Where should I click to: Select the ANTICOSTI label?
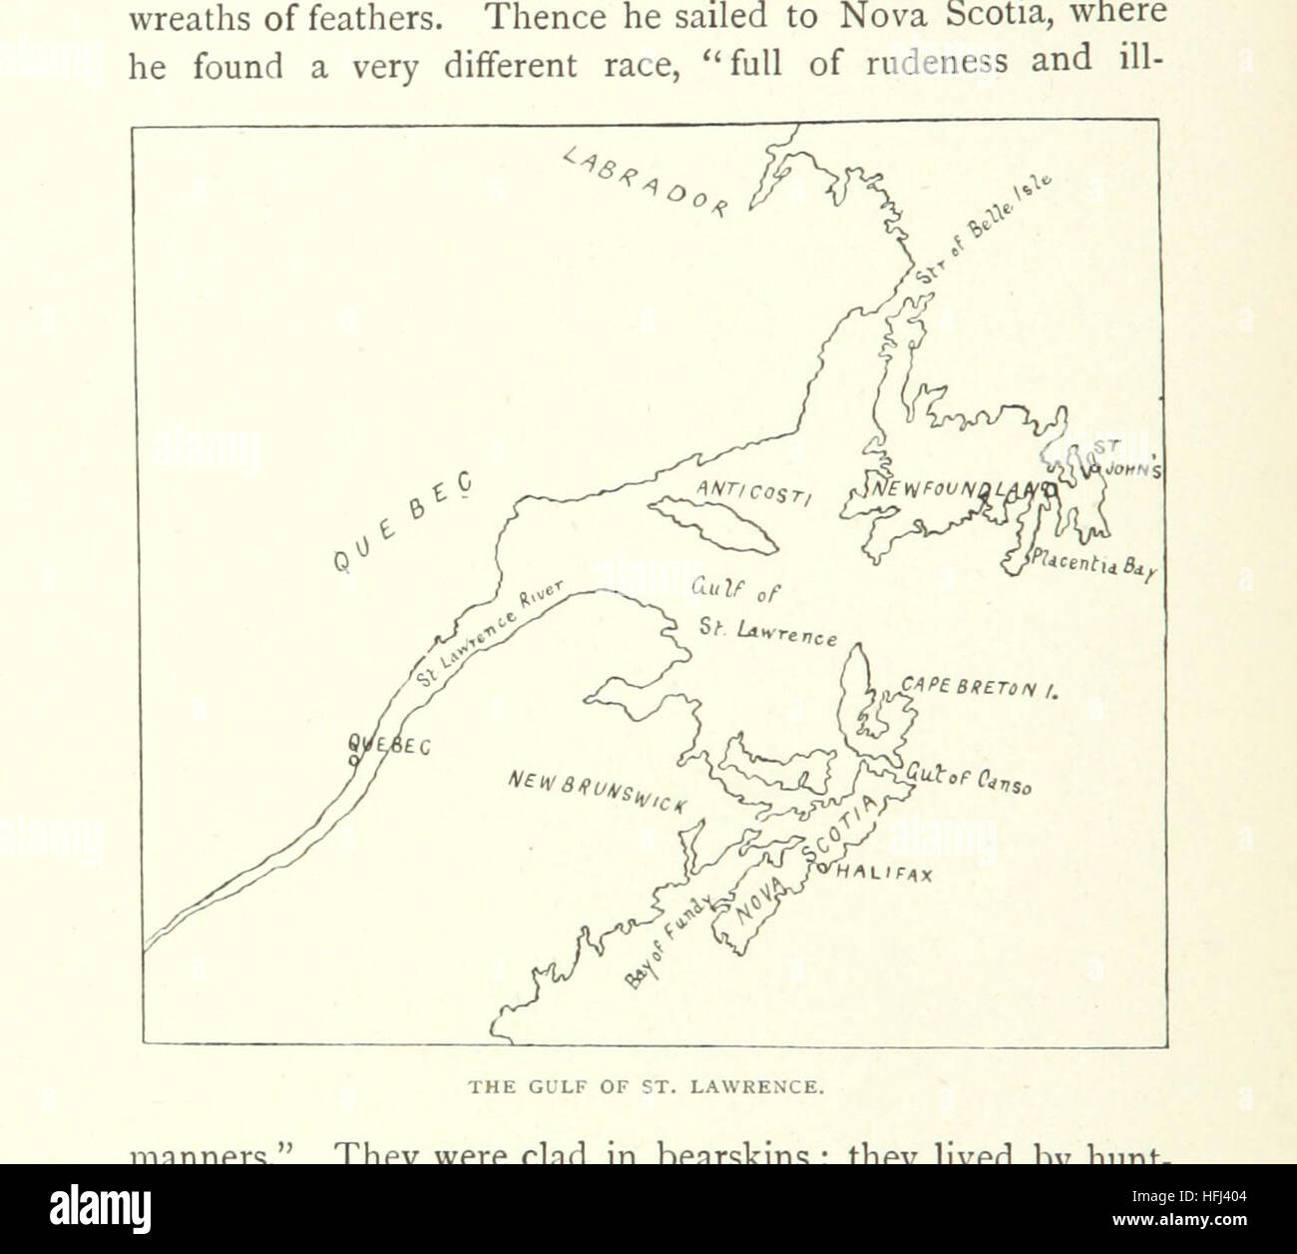click(x=754, y=492)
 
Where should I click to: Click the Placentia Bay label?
click(x=1092, y=565)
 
